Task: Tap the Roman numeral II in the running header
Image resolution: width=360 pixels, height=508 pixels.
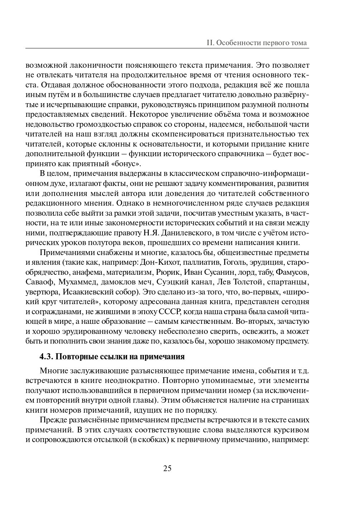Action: (x=210, y=43)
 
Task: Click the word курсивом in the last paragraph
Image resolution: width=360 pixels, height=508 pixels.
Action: (x=290, y=430)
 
